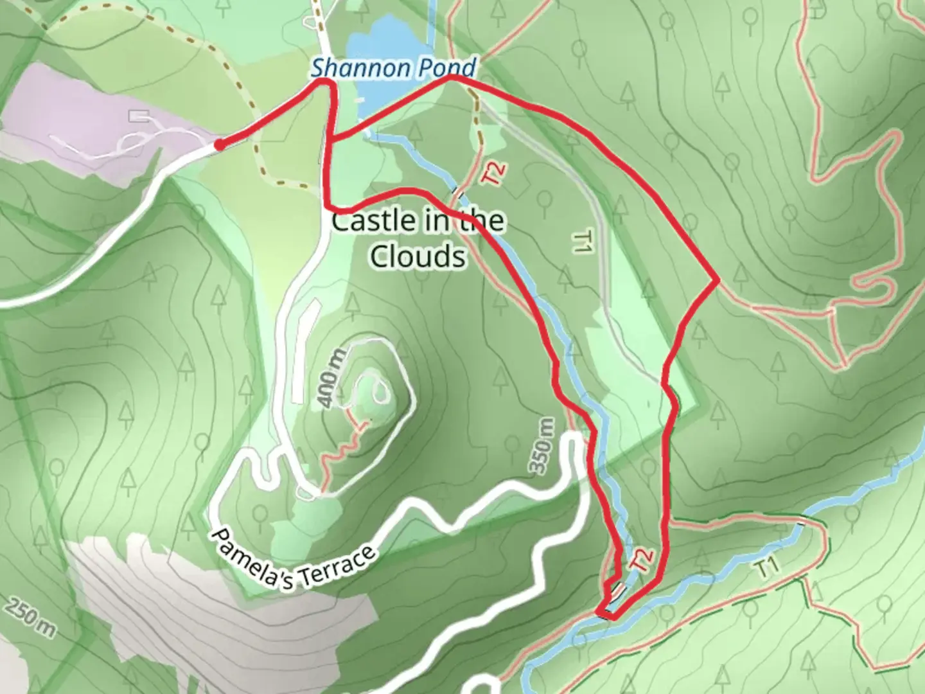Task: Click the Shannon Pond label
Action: pos(394,67)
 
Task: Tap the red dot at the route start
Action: pos(219,146)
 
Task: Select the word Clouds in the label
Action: pos(418,256)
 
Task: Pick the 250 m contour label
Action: pos(31,618)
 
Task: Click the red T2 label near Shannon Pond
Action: pos(495,173)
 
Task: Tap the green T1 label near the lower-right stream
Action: pos(768,567)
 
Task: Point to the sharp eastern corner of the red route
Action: pos(716,281)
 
